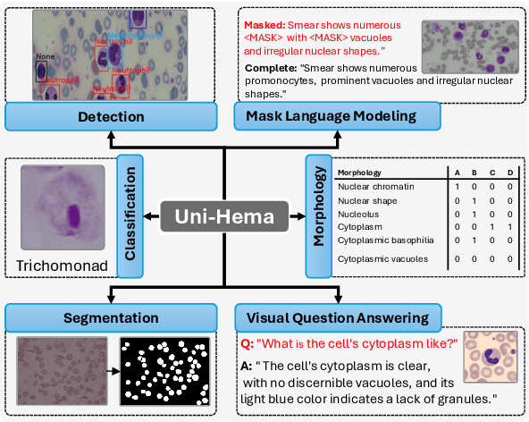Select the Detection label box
110,116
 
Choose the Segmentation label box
110,316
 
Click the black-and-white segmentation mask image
167,372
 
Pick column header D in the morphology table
509,173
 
